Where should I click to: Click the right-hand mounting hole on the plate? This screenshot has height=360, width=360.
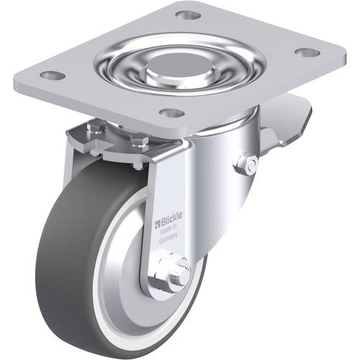click(x=307, y=53)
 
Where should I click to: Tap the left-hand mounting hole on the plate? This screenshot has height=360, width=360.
click(x=53, y=76)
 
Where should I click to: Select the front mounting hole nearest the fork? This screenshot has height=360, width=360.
click(x=172, y=113)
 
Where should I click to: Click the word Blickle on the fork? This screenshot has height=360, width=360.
click(x=171, y=219)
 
